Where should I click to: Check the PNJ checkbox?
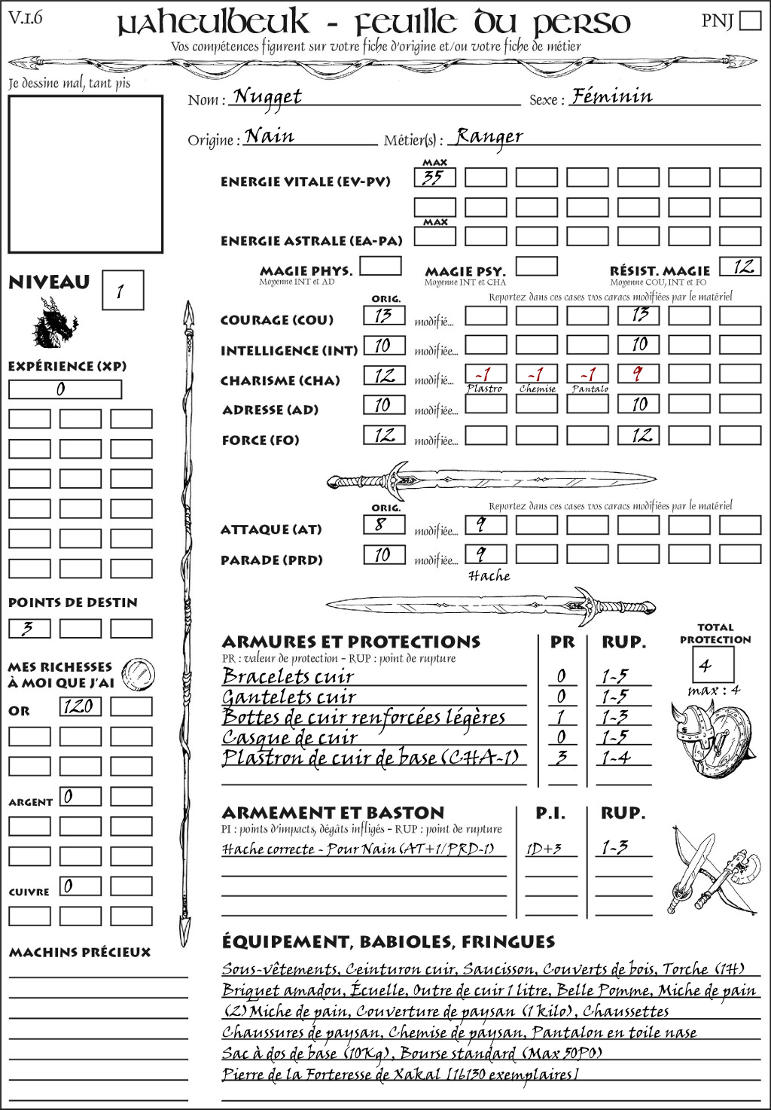coord(750,20)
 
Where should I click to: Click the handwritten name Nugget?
coord(267,96)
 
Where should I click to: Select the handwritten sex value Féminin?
coord(611,96)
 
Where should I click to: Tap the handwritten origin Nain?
coord(270,136)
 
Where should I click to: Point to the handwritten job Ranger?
coord(489,136)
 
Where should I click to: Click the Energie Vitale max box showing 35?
coord(434,178)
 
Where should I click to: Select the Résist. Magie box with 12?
coord(739,267)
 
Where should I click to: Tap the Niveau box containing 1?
coord(122,290)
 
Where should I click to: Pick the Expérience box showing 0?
coord(65,389)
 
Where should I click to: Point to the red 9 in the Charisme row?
coord(638,374)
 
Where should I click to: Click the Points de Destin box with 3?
coord(29,628)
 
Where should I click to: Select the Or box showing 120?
coord(80,706)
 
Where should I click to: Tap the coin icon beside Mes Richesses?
coord(139,672)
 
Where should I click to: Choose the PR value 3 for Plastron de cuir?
coord(561,758)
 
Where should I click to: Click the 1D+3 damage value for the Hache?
coord(544,849)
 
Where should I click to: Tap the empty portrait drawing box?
coord(85,174)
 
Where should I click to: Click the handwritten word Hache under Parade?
coord(489,576)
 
